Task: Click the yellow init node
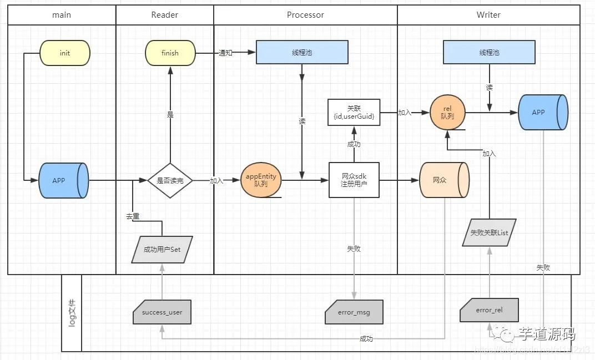coord(65,53)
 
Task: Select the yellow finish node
coord(170,53)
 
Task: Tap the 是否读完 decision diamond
coord(170,180)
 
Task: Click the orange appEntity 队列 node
coord(261,180)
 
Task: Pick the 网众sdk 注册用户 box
coord(354,180)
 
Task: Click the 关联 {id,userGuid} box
coord(354,111)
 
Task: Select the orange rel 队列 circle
coord(447,112)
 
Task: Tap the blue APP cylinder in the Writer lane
coord(543,112)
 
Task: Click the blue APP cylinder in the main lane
coord(64,180)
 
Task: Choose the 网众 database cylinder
coord(444,180)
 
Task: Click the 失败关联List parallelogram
coord(489,232)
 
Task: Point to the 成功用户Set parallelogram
coord(162,249)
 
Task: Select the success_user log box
coord(162,312)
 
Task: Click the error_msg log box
coord(354,312)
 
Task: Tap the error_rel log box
coord(489,310)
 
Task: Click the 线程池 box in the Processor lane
coord(302,53)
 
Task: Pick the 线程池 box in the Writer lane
coord(489,53)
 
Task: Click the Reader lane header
coord(164,15)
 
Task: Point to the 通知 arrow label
coord(225,53)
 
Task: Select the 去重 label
coord(133,216)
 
